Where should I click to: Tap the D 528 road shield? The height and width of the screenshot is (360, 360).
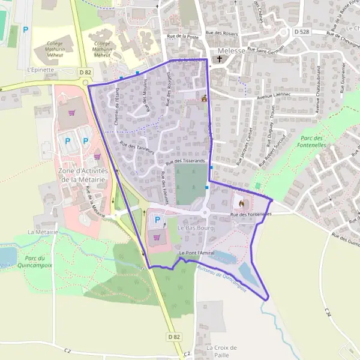(302, 31)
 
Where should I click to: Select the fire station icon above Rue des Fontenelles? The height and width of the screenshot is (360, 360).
(242, 202)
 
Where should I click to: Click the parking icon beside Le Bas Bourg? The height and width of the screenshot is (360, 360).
(158, 220)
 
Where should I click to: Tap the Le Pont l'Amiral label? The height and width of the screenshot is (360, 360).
(196, 254)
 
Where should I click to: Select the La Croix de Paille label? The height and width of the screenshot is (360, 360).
(221, 351)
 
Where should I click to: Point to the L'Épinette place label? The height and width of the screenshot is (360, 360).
(41, 70)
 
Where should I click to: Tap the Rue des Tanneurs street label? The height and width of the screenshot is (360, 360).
(137, 148)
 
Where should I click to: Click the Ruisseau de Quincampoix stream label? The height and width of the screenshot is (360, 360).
(222, 275)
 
